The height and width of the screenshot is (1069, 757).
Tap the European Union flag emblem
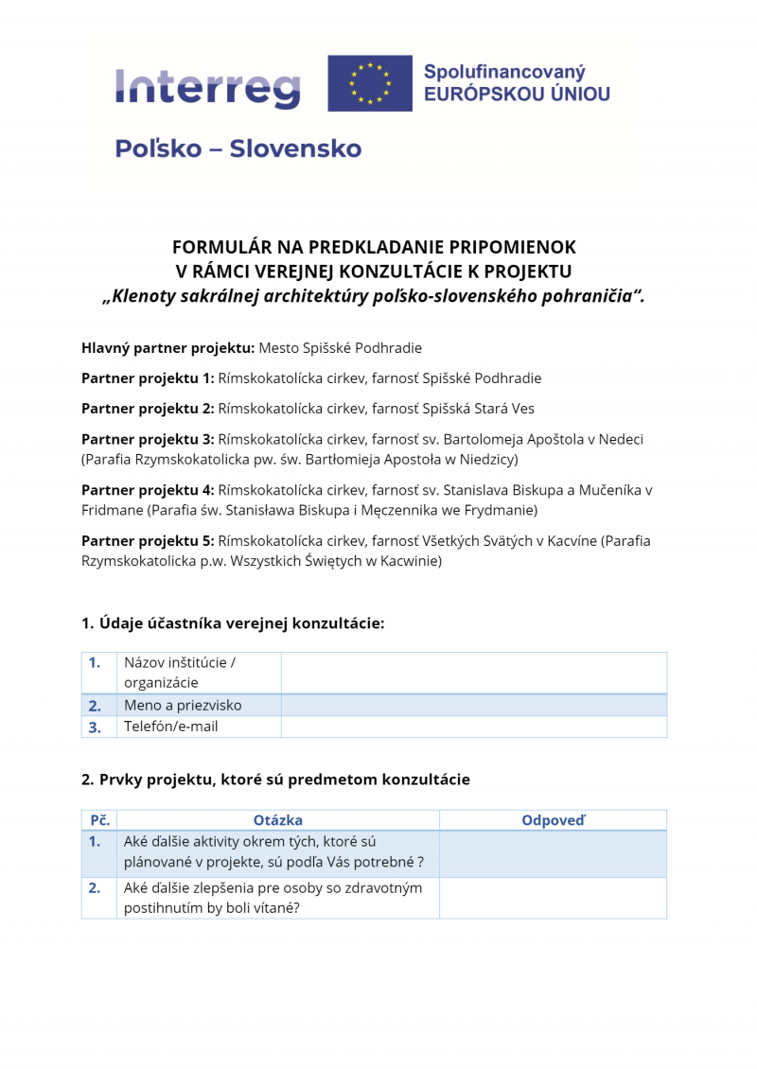(x=370, y=83)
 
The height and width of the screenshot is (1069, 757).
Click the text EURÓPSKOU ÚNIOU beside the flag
(x=517, y=94)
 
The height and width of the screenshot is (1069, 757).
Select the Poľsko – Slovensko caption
(x=238, y=149)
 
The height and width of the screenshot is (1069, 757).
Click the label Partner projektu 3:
(x=148, y=440)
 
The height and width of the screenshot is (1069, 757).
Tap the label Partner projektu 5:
(x=148, y=541)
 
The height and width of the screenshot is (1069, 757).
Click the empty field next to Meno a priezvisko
(x=473, y=705)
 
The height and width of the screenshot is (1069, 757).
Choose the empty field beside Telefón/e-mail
(x=473, y=727)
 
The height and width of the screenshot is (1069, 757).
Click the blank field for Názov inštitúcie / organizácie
(x=473, y=673)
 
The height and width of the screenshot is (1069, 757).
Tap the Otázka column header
(x=278, y=820)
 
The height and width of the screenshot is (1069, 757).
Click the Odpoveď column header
(x=553, y=820)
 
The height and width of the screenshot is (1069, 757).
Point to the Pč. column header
(x=99, y=820)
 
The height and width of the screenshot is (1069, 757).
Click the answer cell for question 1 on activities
(x=553, y=853)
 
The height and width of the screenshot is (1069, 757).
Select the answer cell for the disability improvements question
(x=553, y=898)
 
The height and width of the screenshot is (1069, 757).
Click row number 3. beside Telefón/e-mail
(x=95, y=727)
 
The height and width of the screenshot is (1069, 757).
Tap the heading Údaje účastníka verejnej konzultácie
(x=233, y=623)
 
